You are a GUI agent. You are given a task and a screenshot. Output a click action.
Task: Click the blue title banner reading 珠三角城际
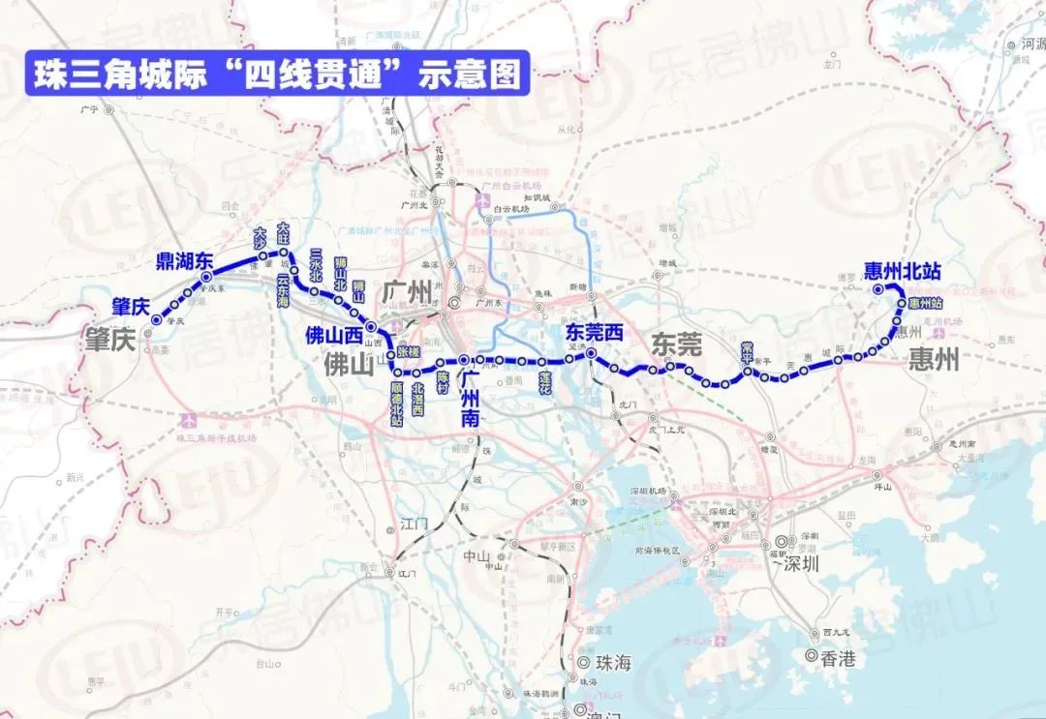point(277,75)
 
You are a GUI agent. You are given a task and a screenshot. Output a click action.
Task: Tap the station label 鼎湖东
point(184,260)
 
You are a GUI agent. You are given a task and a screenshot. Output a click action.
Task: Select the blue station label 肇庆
point(130,307)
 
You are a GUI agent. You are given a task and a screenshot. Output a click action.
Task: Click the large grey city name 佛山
point(348,365)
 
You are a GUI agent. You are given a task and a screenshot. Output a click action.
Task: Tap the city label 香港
point(837,659)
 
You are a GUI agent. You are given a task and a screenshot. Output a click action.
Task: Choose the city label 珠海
point(611,663)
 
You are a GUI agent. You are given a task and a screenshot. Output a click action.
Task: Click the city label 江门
point(414,524)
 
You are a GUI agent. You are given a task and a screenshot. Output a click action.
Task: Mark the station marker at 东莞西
point(591,355)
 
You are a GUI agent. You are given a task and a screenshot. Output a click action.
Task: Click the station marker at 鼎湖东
point(206,278)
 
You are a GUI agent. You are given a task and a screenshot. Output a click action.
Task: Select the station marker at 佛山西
point(371,327)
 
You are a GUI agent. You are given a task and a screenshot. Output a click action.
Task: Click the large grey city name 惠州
point(934,361)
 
